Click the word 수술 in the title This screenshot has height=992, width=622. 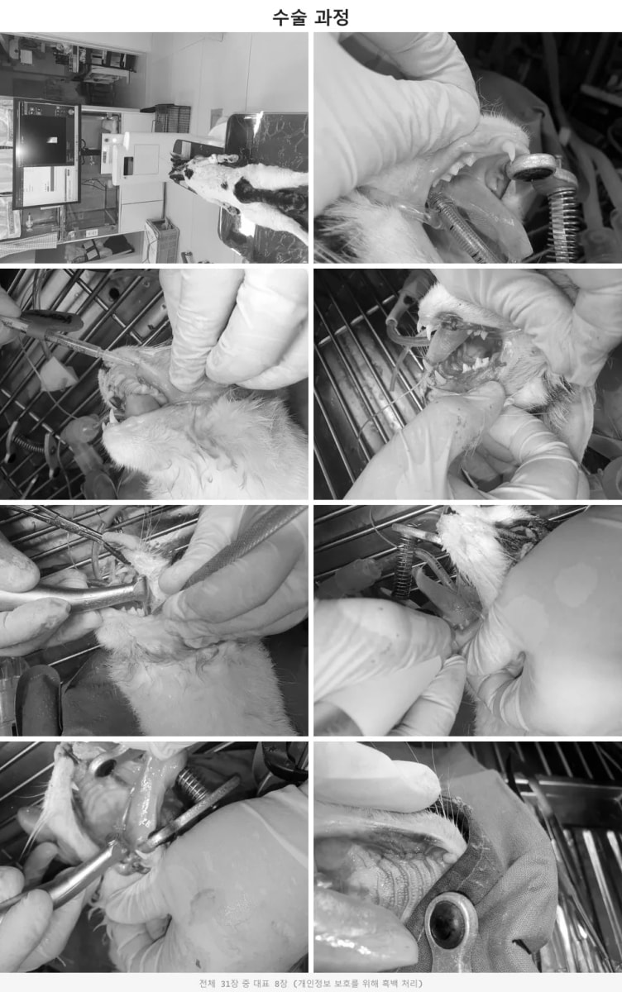pyautogui.click(x=289, y=17)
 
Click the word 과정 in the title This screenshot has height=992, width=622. pyautogui.click(x=332, y=17)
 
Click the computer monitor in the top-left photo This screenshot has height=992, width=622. pyautogui.click(x=46, y=154)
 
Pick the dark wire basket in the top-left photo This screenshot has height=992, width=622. pyautogui.click(x=172, y=119)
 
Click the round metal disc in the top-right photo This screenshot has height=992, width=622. pyautogui.click(x=532, y=166)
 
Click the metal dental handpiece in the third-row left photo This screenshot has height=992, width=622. pyautogui.click(x=75, y=597)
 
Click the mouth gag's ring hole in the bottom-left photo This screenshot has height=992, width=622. pyautogui.click(x=103, y=766)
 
